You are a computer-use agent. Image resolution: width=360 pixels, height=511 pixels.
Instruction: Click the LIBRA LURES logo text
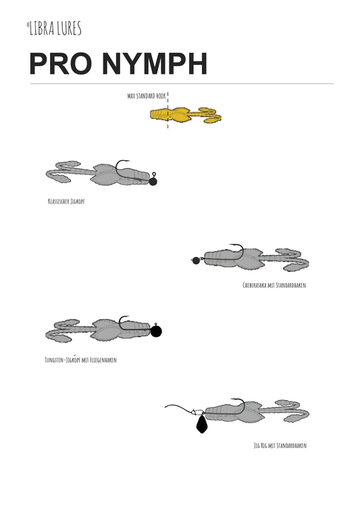pos(54,28)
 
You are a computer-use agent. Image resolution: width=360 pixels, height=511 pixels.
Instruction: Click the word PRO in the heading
pos(60,64)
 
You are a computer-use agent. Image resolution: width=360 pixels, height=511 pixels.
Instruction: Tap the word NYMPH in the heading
pos(155,64)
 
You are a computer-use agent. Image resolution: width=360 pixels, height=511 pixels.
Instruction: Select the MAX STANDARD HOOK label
pos(147,96)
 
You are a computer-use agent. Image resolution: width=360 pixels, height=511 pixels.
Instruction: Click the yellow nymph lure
pos(186,115)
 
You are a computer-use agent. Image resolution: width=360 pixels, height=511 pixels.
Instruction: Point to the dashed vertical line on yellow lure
pos(168,110)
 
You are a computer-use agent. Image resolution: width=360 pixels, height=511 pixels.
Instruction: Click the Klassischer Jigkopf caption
pos(66,201)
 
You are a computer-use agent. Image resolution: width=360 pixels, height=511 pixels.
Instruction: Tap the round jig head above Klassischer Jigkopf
pos(153,181)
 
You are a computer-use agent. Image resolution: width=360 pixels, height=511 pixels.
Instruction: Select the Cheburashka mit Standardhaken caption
pos(274,285)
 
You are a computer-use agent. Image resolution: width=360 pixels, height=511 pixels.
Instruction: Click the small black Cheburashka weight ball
pos(196,260)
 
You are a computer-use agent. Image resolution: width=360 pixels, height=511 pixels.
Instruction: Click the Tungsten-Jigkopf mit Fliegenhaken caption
pos(80,360)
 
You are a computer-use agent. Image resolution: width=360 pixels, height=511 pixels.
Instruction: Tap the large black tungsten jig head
pos(156,331)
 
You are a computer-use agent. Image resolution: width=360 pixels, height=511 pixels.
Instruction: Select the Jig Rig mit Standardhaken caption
pos(280,445)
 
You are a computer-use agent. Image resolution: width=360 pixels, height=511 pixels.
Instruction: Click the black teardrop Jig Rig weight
pos(202,424)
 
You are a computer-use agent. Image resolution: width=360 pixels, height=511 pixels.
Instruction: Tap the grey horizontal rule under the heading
pos(182,84)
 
